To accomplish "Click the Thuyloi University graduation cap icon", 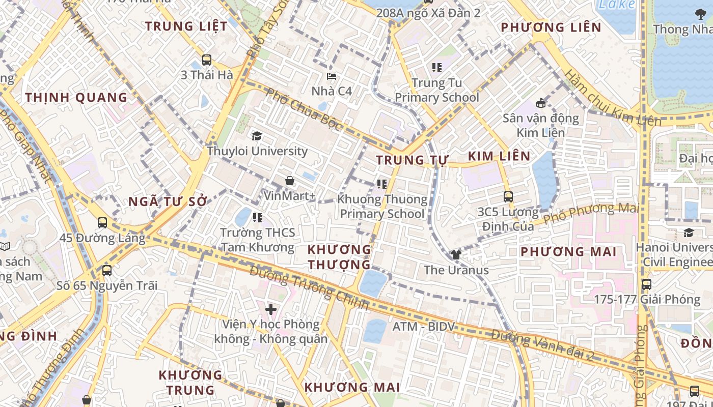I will click(x=257, y=136).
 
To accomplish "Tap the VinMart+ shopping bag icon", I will click(x=289, y=181).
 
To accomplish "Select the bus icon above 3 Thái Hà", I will click(x=206, y=60).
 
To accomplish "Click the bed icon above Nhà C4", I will click(x=332, y=77).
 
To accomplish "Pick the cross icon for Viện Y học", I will click(x=271, y=309).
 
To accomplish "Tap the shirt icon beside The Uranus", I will click(x=456, y=255).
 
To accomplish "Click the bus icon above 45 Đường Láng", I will click(x=102, y=222).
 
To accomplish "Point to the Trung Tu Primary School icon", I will click(x=436, y=67).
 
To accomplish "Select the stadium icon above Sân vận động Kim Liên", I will click(x=541, y=103).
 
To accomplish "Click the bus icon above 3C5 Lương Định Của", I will click(x=508, y=196).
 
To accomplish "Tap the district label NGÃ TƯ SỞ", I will click(x=168, y=202).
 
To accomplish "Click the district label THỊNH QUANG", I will click(x=76, y=98).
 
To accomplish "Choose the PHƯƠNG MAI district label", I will click(x=568, y=251).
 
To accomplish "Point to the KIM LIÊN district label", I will click(x=499, y=156).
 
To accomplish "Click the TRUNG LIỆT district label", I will click(x=186, y=26).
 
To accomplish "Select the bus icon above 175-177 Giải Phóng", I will click(x=646, y=284).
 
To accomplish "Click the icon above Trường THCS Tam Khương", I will click(x=257, y=218).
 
